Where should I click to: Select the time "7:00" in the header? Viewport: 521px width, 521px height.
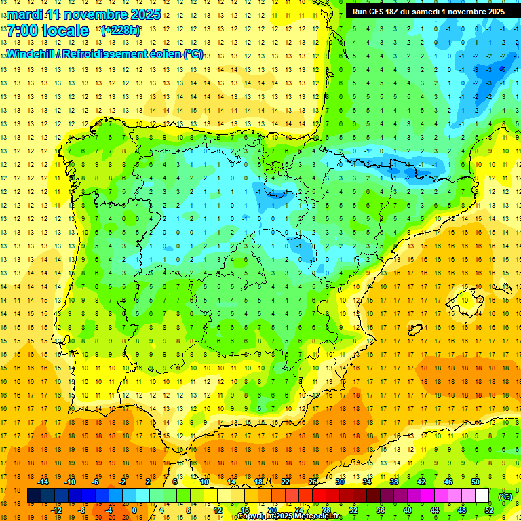pos(24,31)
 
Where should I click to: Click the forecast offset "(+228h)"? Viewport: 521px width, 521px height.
pos(121,31)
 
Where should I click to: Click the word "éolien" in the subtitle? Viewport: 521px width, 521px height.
pos(159,54)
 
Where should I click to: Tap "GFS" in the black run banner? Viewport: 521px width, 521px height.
pos(378,12)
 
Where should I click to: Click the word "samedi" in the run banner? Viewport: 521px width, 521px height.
pos(431,12)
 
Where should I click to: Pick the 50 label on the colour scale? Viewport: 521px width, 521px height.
pos(476,482)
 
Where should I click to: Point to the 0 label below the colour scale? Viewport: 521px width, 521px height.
pos(134,510)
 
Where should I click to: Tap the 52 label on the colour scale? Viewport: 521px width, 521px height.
pos(489,510)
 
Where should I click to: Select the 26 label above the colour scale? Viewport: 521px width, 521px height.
pos(313,482)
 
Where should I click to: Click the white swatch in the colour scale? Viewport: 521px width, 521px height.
pos(482,496)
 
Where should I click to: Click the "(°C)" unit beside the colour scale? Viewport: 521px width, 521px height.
pos(505,496)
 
